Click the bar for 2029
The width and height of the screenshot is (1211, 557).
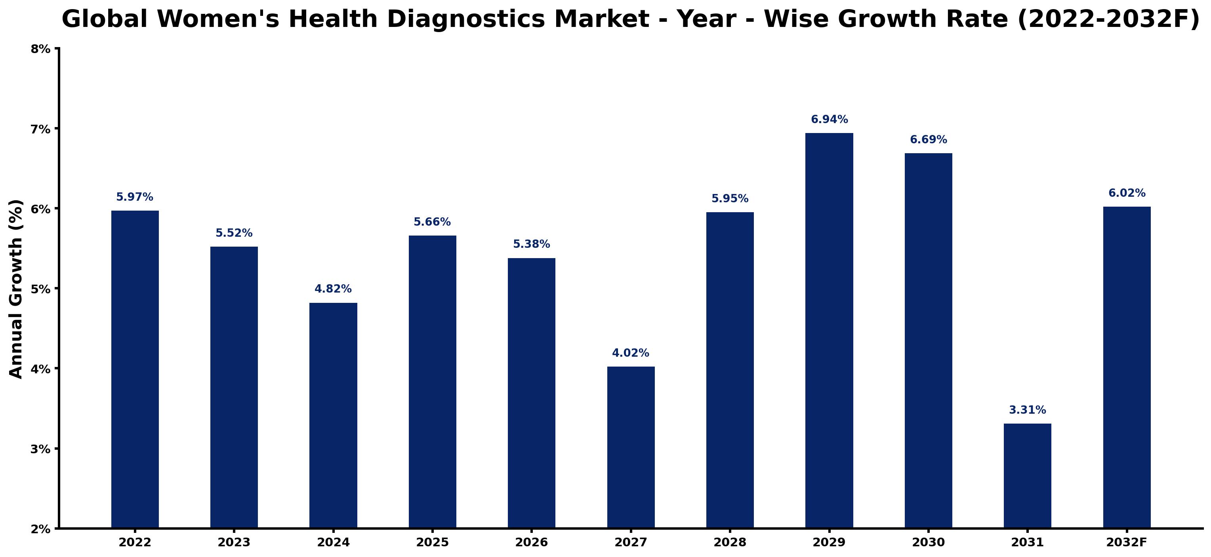tap(829, 331)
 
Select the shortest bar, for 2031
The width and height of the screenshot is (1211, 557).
tap(1027, 476)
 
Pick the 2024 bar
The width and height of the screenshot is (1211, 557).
tap(333, 416)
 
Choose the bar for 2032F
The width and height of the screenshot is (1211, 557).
tap(1127, 367)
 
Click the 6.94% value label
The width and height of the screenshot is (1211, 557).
tap(829, 119)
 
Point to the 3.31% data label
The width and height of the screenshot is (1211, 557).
tap(1028, 410)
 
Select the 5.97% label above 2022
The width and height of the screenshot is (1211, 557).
tap(135, 197)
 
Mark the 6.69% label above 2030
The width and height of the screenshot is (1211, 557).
tap(929, 139)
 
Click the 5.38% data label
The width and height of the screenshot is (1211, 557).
tap(531, 244)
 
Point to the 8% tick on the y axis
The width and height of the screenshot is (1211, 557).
tap(40, 49)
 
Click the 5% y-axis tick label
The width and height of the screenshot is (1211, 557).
tap(40, 289)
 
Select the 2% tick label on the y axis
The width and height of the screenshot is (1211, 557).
tap(40, 529)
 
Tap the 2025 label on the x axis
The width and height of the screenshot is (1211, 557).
tap(432, 542)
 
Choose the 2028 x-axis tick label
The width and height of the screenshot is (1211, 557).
tap(730, 542)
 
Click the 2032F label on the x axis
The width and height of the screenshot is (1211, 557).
tap(1127, 542)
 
